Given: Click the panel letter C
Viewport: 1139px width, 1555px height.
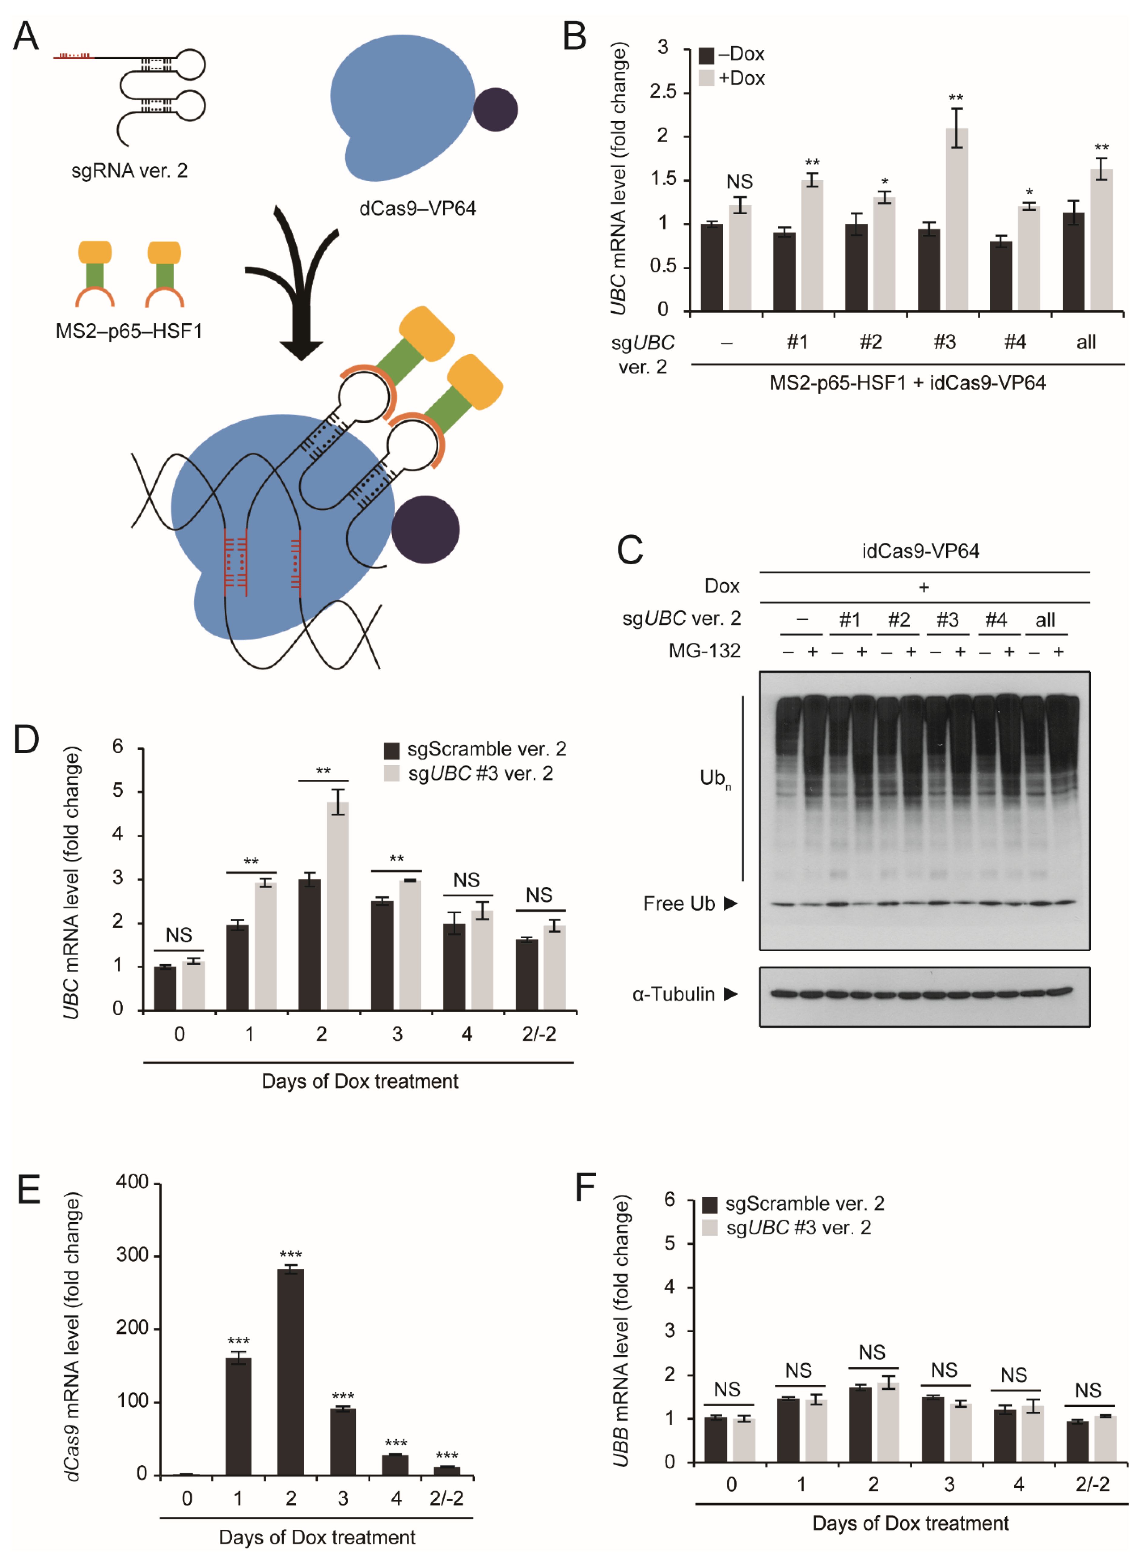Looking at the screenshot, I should tap(630, 550).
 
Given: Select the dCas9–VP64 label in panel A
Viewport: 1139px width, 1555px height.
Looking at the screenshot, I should tap(417, 208).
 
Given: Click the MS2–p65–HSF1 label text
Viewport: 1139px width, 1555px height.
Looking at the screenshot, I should tap(129, 332).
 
